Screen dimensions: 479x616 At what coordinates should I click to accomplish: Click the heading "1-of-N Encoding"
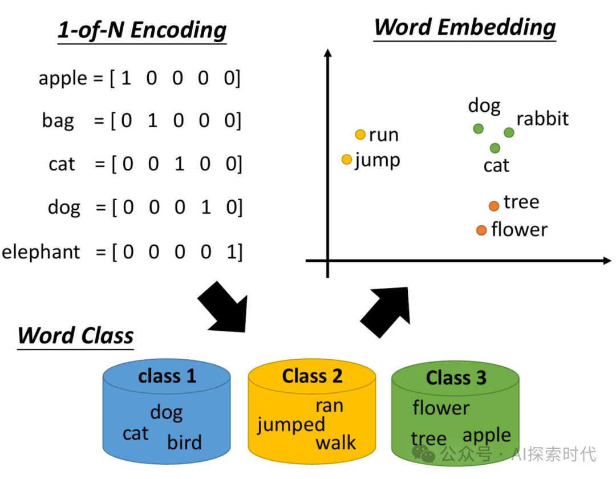click(142, 30)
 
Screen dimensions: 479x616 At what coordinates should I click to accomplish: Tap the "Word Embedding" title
click(465, 27)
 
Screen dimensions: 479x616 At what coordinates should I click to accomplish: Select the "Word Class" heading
click(76, 335)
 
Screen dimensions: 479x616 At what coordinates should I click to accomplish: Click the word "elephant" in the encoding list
click(42, 251)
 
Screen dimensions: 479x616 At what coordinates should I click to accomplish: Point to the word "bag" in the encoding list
click(58, 121)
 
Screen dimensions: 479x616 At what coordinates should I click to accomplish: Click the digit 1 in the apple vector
click(126, 78)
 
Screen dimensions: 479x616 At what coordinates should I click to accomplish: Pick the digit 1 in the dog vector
click(206, 208)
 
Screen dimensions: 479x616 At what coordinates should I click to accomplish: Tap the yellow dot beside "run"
click(360, 135)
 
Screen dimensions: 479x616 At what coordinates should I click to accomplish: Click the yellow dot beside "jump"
click(347, 160)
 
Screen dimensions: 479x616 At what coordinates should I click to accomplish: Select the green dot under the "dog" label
click(479, 129)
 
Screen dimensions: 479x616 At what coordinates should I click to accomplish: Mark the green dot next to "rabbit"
click(509, 132)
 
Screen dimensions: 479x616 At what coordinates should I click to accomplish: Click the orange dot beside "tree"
click(494, 206)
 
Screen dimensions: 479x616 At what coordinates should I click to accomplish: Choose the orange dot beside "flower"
click(481, 230)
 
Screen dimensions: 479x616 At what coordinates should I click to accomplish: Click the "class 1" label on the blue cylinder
click(167, 376)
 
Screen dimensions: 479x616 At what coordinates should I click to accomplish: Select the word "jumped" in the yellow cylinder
click(291, 425)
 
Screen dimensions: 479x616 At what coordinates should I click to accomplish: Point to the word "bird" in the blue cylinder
click(184, 443)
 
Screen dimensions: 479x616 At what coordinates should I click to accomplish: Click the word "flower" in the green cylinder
click(441, 408)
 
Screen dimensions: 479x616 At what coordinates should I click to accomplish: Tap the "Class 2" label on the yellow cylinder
click(312, 376)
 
